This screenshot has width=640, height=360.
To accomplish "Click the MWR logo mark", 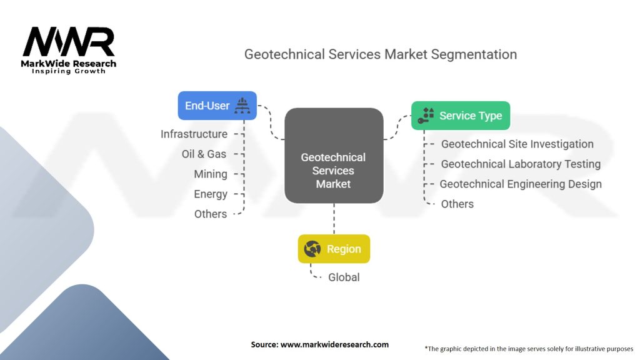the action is point(69,42).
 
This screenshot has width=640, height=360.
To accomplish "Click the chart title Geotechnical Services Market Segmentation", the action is point(381,54).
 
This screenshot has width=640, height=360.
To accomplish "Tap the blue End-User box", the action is point(217,106).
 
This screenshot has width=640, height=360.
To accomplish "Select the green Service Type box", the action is point(461,116).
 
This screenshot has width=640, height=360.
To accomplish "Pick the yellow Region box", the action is point(334,249).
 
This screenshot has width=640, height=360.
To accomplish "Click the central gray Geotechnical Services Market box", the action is point(334,156).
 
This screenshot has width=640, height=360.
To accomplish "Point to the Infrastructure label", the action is point(194,134).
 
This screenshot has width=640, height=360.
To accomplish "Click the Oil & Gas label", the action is point(204,154).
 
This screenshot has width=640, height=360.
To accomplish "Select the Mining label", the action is point(211,174).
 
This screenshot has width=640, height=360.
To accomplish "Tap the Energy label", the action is point(211,194).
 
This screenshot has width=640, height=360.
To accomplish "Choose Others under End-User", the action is point(211,214).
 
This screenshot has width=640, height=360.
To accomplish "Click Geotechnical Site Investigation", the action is point(517,144).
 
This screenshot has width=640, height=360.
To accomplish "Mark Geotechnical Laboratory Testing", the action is point(521,164).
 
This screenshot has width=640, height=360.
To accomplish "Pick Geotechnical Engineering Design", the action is point(521,184).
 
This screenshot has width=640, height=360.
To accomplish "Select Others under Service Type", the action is point(457,204).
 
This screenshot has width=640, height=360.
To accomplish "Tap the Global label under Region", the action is point(344,277).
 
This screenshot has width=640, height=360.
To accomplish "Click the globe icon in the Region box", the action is point(312,249).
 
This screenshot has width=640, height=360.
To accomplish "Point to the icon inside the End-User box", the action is point(242,106).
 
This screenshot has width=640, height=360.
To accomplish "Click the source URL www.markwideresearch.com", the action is point(334,344).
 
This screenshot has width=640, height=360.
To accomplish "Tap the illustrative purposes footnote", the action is point(529,349).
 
